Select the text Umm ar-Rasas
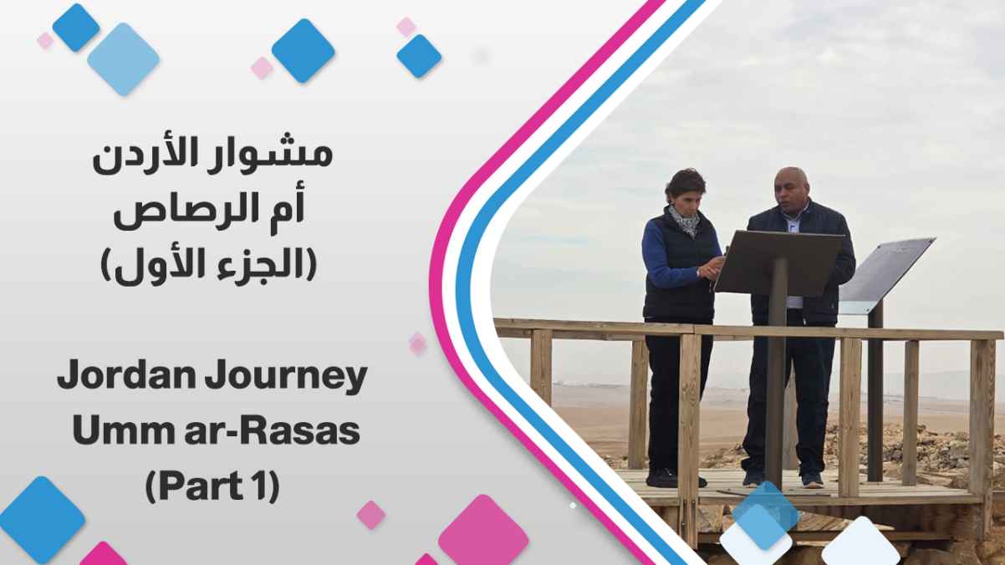(x=217, y=430)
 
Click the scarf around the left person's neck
(x=684, y=221)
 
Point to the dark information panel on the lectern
(x=779, y=262)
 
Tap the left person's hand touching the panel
(x=712, y=267)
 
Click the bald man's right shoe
(x=813, y=480)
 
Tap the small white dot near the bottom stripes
(x=573, y=506)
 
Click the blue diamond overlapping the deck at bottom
(x=766, y=515)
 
